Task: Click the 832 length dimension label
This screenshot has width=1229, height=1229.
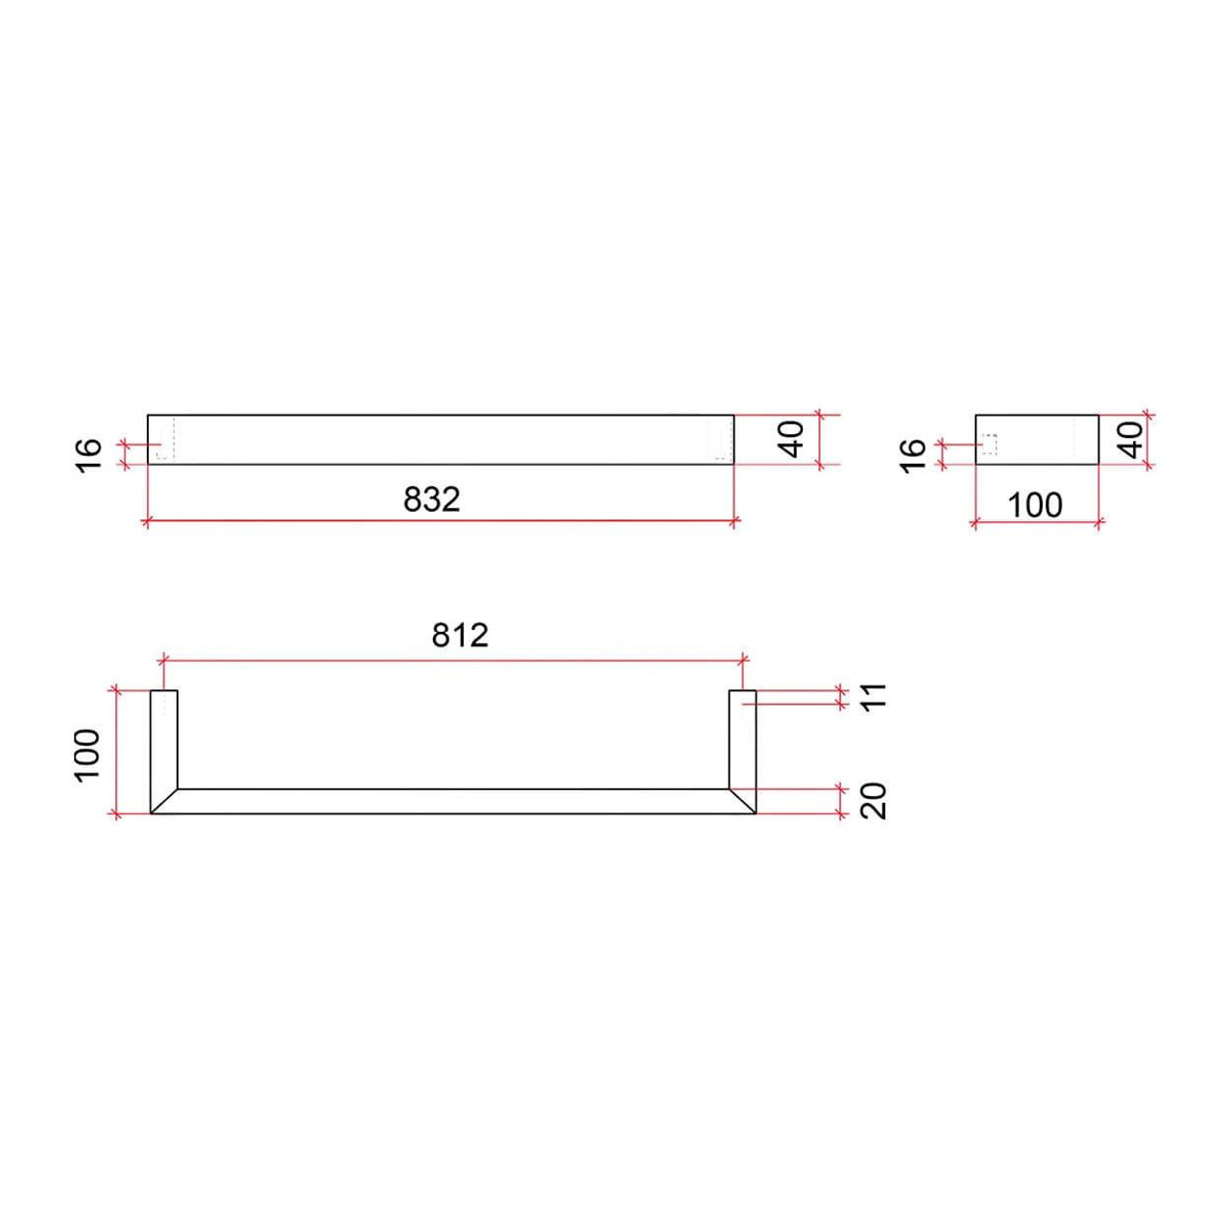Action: (x=431, y=499)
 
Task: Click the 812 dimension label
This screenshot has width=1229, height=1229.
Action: (x=460, y=636)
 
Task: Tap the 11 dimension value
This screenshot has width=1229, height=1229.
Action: (x=877, y=695)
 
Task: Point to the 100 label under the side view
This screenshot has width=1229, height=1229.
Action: (x=1035, y=505)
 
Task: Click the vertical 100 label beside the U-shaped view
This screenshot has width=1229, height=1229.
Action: (x=87, y=754)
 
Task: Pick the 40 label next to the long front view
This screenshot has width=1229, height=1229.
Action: (x=793, y=440)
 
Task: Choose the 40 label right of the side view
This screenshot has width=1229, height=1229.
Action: (x=1132, y=440)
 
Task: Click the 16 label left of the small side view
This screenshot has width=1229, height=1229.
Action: (x=913, y=455)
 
